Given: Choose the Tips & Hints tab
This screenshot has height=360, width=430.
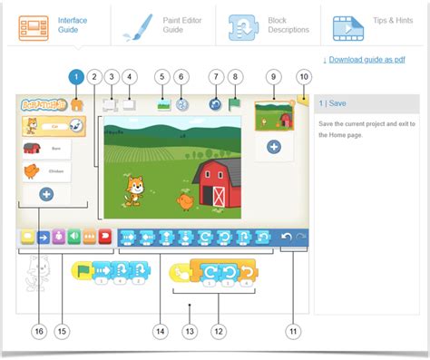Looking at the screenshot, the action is (x=373, y=24).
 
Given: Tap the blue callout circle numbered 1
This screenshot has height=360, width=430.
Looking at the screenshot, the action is (x=76, y=77).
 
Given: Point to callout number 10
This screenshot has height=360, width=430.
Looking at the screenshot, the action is (x=302, y=77).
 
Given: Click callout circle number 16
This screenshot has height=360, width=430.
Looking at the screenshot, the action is (x=38, y=331).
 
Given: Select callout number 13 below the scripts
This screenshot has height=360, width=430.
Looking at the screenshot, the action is (x=189, y=331).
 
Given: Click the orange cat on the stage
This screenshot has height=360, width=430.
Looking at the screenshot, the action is (x=136, y=190).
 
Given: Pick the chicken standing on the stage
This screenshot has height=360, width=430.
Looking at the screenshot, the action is (x=185, y=200).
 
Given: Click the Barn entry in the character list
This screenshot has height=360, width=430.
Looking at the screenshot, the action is (x=46, y=149).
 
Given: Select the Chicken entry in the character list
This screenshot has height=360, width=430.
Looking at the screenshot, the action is (x=46, y=170).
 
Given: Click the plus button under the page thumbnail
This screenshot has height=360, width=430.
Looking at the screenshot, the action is (x=273, y=146).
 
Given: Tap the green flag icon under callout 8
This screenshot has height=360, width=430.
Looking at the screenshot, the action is (x=235, y=104).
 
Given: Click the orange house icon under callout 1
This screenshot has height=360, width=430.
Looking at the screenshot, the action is (x=76, y=104).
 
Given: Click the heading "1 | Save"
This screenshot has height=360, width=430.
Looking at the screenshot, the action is (x=332, y=102).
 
